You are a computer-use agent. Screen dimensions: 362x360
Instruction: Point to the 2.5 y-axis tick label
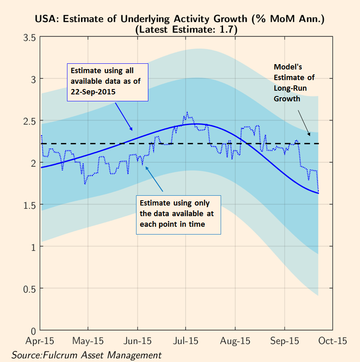pyautogui.click(x=28, y=121)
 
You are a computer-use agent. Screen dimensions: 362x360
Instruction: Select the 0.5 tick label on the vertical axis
pyautogui.click(x=28, y=288)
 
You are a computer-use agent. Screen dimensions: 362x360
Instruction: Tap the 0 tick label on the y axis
pyautogui.click(x=33, y=330)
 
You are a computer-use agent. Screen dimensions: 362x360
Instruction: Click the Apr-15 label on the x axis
pyautogui.click(x=40, y=341)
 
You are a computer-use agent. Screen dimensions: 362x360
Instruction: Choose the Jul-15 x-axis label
pyautogui.click(x=187, y=341)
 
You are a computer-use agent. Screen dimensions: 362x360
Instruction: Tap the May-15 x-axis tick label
pyautogui.click(x=88, y=341)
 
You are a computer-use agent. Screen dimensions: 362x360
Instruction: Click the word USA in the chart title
pyautogui.click(x=45, y=19)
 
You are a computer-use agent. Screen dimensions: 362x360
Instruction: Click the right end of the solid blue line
pyautogui.click(x=318, y=193)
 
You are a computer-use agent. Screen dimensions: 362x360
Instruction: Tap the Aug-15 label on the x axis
pyautogui.click(x=236, y=341)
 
